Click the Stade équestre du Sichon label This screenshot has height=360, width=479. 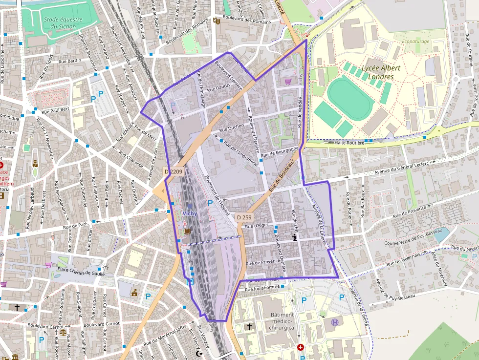[x=63, y=23]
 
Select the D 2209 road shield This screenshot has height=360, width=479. [x=173, y=171]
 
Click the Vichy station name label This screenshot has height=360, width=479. [x=190, y=213]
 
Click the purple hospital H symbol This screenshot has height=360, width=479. [x=335, y=322]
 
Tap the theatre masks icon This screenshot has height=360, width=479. [x=216, y=21]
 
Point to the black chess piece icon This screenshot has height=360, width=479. [x=294, y=238]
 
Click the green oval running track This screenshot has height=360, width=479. [x=350, y=98]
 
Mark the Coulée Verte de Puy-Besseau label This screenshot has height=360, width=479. [x=413, y=238]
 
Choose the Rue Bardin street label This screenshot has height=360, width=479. [x=70, y=61]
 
